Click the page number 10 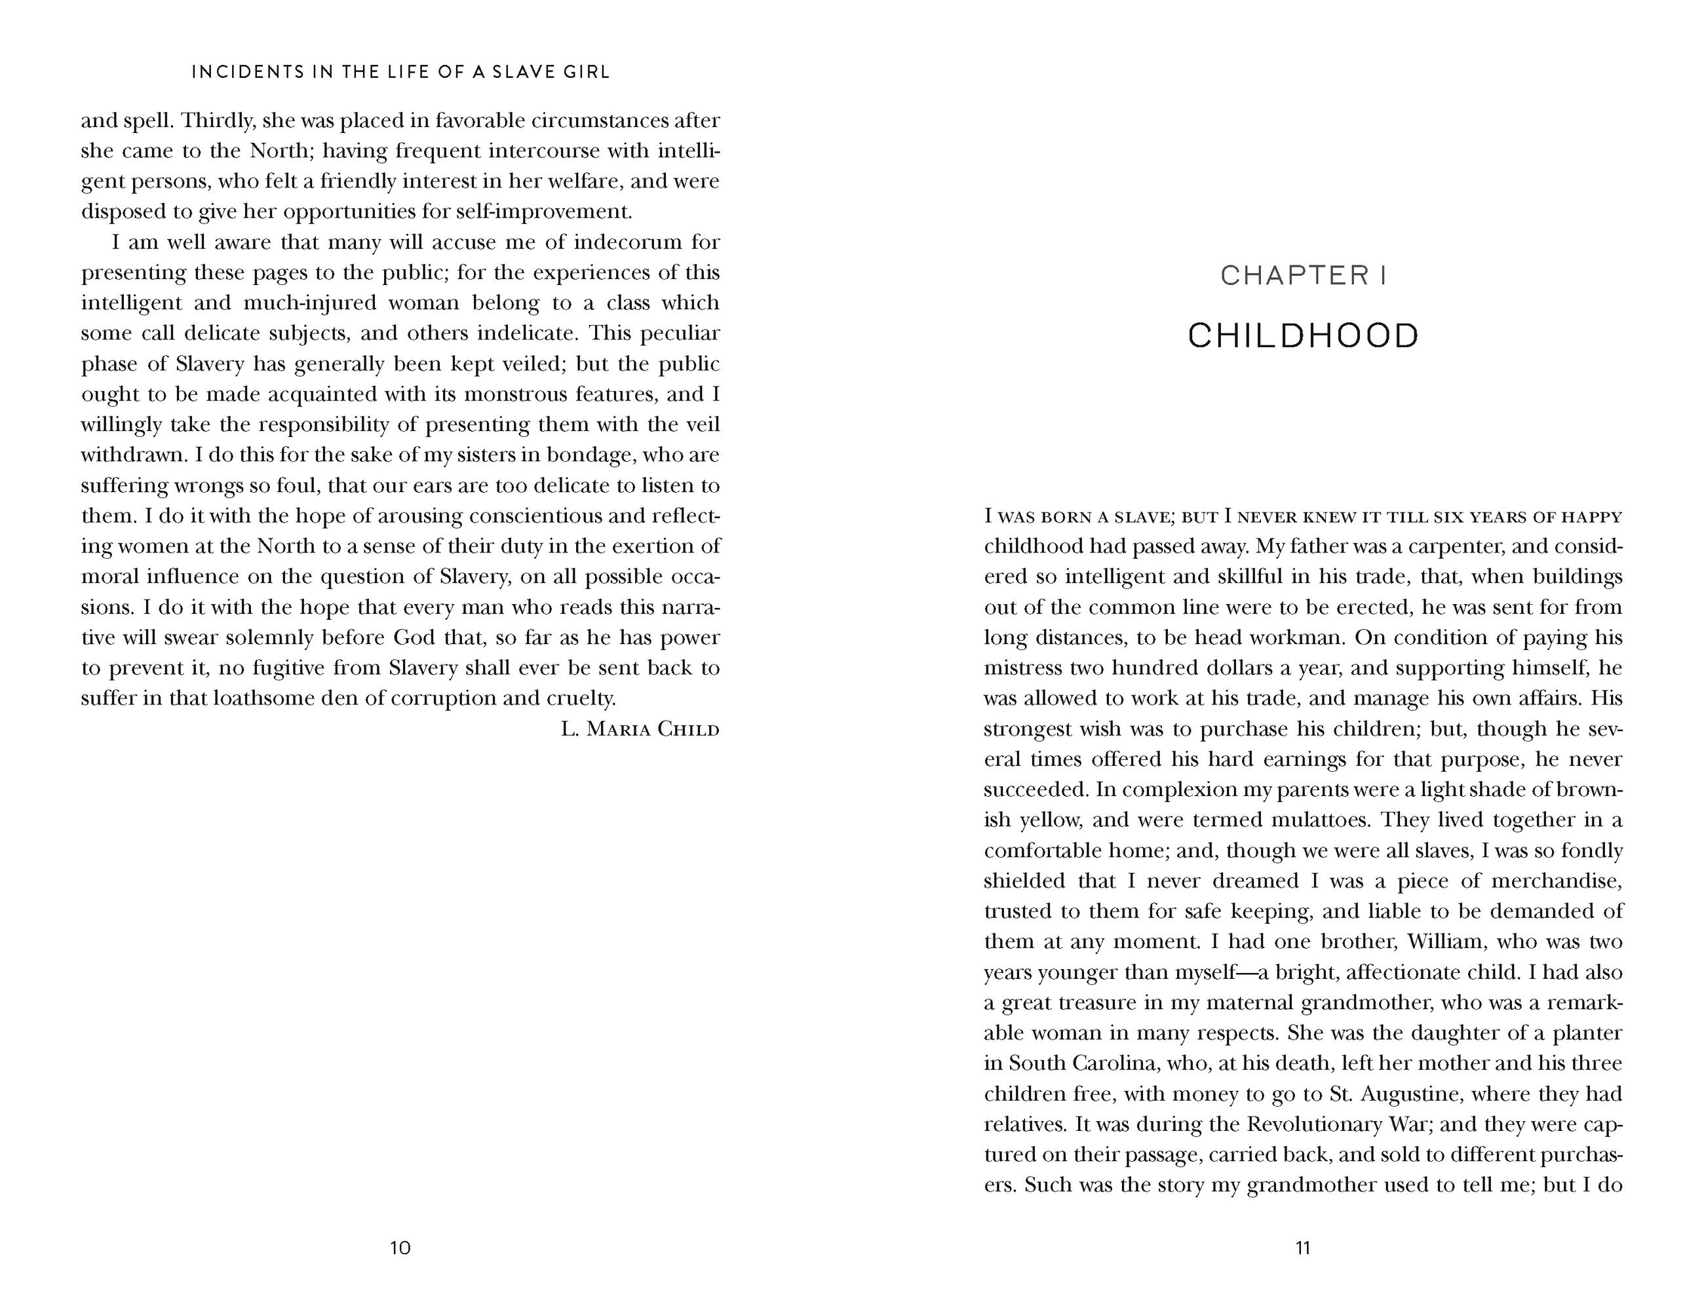pos(400,1247)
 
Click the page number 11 pos(1302,1247)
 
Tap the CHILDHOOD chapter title pos(1303,336)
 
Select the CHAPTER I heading pos(1303,275)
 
